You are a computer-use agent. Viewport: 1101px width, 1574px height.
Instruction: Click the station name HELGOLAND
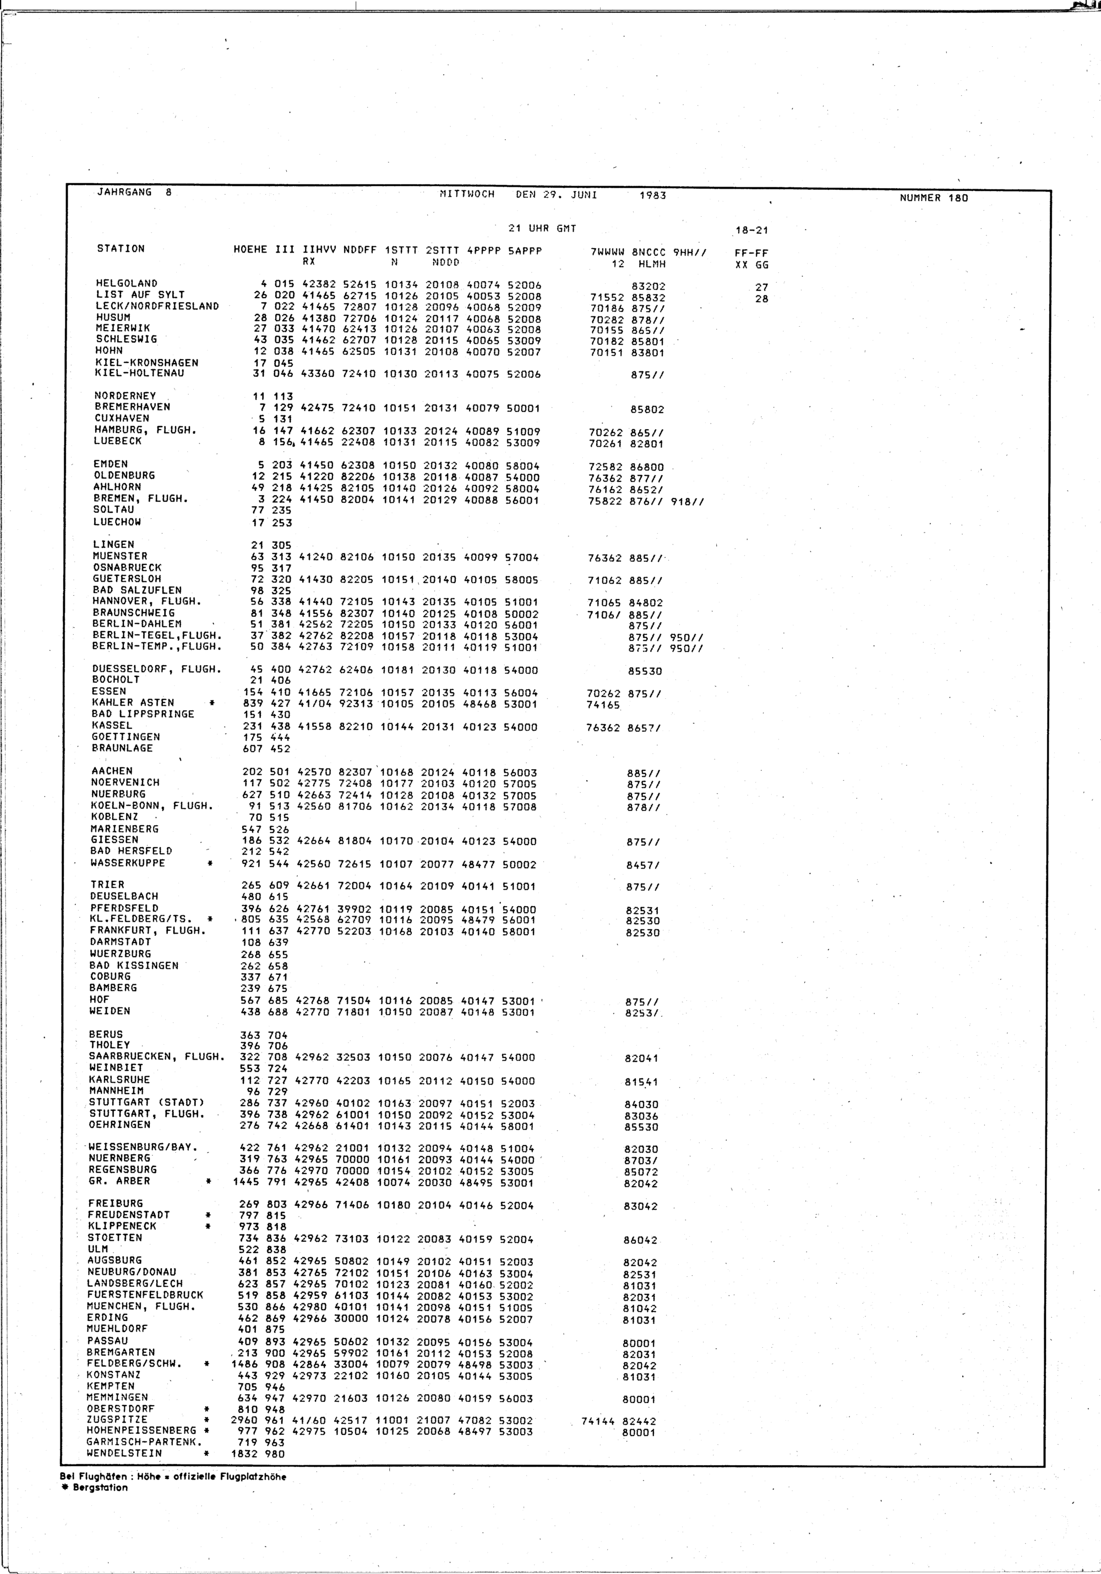pos(127,283)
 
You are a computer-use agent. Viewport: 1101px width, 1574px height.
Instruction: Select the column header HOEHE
pos(250,250)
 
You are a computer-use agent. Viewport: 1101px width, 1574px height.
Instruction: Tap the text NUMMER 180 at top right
pos(934,198)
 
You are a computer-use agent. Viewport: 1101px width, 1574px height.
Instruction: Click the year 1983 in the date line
pos(652,195)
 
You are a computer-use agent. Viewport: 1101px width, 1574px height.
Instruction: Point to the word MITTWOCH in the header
pos(466,194)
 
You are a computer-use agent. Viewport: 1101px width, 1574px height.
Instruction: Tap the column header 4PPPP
pos(483,251)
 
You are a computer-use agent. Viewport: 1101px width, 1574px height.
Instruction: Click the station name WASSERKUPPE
pos(128,863)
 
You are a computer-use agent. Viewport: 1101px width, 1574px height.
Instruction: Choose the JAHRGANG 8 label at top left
pos(134,193)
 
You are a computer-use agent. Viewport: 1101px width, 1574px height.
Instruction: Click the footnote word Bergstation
pos(100,1487)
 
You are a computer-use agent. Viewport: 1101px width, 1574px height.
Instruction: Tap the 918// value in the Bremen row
pos(688,502)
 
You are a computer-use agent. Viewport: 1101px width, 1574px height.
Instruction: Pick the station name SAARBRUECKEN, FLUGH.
pos(157,1056)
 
